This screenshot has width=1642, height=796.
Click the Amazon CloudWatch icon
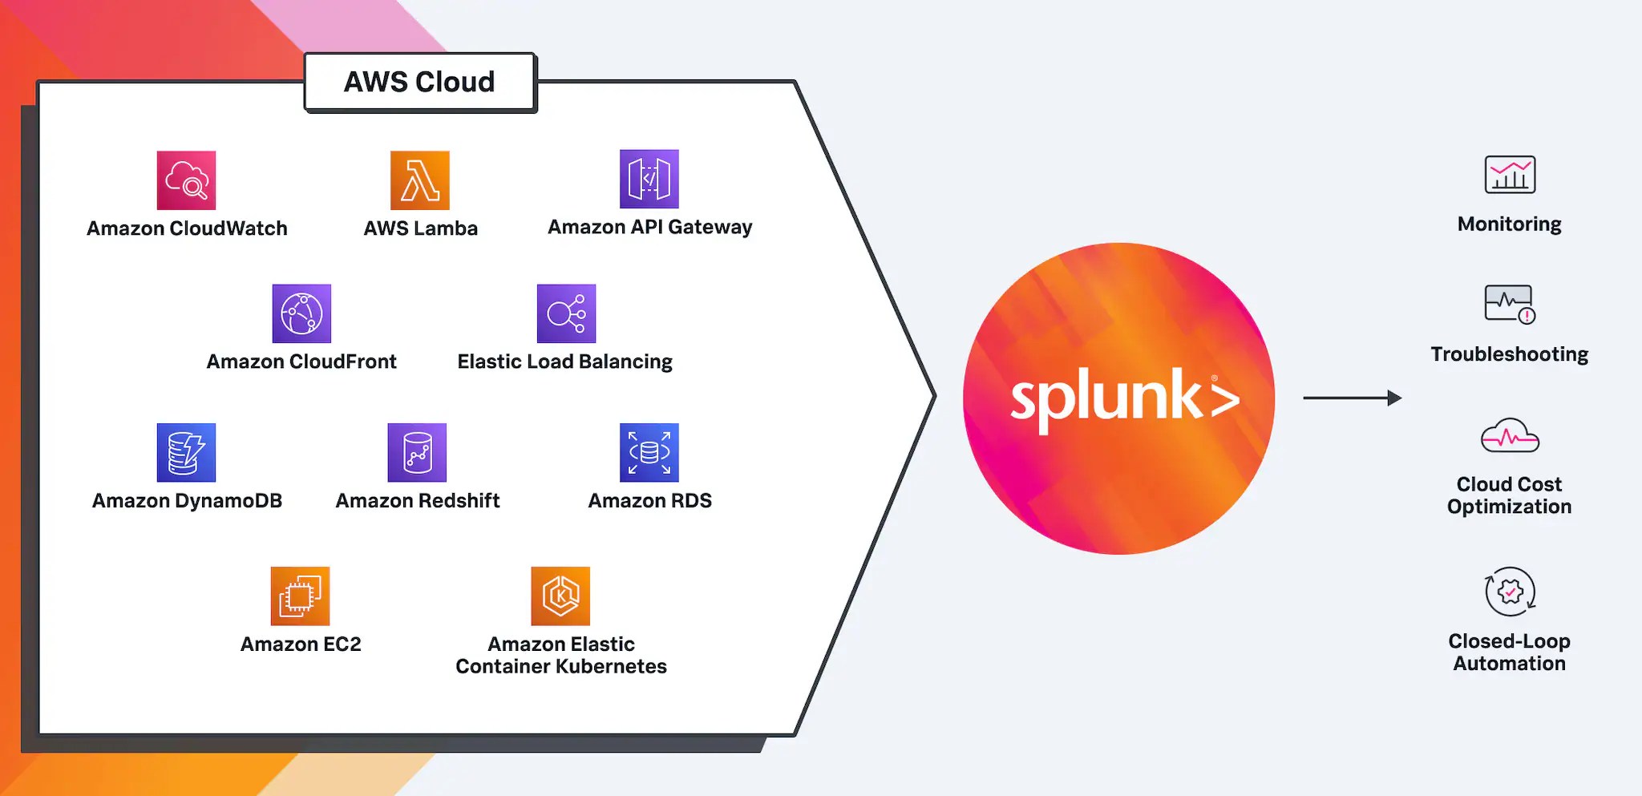(x=186, y=180)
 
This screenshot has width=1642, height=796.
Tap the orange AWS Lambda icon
(x=419, y=180)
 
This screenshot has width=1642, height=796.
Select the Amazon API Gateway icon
(x=649, y=179)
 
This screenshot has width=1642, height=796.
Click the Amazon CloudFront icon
(x=301, y=313)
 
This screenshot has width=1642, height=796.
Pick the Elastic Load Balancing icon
(x=566, y=313)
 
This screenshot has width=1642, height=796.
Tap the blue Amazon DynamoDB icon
(x=186, y=452)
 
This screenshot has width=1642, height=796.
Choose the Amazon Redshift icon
(x=417, y=452)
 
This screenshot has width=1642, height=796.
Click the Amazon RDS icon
(x=649, y=452)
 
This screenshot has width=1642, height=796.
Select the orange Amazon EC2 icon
(x=300, y=596)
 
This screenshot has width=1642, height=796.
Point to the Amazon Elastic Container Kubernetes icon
(x=560, y=596)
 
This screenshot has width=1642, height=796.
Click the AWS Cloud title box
(x=419, y=83)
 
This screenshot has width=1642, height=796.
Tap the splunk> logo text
(x=1122, y=397)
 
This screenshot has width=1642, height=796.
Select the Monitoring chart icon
(x=1510, y=175)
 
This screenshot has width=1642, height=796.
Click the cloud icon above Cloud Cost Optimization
(x=1509, y=436)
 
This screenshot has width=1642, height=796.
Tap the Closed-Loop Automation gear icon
(x=1510, y=592)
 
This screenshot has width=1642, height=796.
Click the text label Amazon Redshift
(x=417, y=501)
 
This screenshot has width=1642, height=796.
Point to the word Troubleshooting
(x=1509, y=354)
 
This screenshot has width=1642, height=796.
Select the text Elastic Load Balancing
(x=564, y=362)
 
